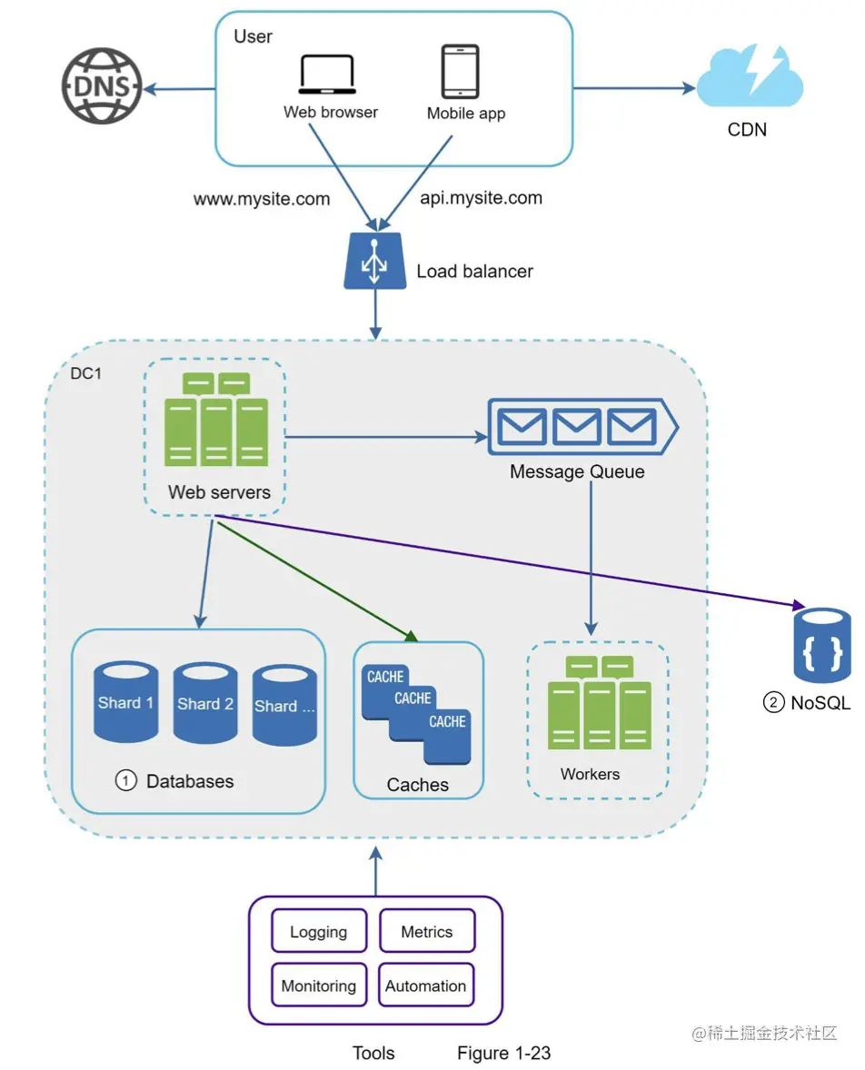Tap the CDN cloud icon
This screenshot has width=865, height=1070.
click(x=751, y=80)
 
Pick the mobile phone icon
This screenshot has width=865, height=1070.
click(x=460, y=72)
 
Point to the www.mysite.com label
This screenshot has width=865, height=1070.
click(x=262, y=199)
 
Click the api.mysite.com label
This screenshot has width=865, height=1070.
click(x=481, y=197)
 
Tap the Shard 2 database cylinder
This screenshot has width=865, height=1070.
click(x=205, y=703)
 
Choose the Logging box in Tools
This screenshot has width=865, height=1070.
click(x=319, y=932)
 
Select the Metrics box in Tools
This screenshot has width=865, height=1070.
click(x=426, y=932)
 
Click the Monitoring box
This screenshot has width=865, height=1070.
click(x=319, y=986)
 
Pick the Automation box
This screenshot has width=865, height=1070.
click(x=426, y=986)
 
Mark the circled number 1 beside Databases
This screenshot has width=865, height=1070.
click(x=125, y=780)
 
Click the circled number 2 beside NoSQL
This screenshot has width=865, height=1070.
click(x=773, y=702)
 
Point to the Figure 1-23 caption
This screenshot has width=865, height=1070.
click(x=503, y=1053)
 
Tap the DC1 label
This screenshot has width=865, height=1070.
click(x=86, y=373)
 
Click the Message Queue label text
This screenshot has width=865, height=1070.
click(x=577, y=471)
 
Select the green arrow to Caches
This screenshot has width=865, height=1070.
click(x=318, y=580)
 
